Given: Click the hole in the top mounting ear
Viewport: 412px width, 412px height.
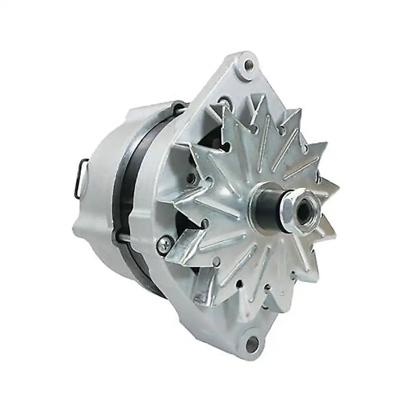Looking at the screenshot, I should click(249, 64).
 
